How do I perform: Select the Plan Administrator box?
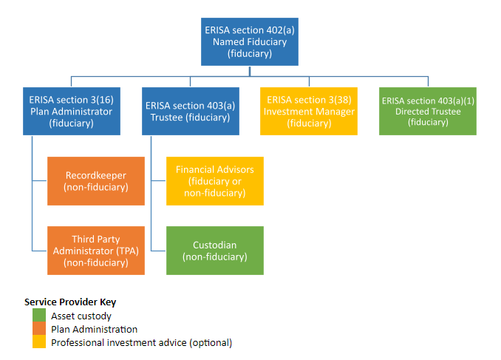(x=71, y=112)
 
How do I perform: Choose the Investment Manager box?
(x=309, y=112)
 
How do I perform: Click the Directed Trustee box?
(x=427, y=112)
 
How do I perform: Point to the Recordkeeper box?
(x=95, y=181)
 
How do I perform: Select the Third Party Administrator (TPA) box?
(x=95, y=251)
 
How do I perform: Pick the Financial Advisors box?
(x=214, y=181)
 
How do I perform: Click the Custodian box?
(x=214, y=251)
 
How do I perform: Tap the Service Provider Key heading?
(x=70, y=302)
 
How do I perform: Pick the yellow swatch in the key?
(x=39, y=343)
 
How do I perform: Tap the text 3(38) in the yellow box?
(x=338, y=100)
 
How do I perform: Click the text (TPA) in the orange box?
(x=126, y=251)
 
